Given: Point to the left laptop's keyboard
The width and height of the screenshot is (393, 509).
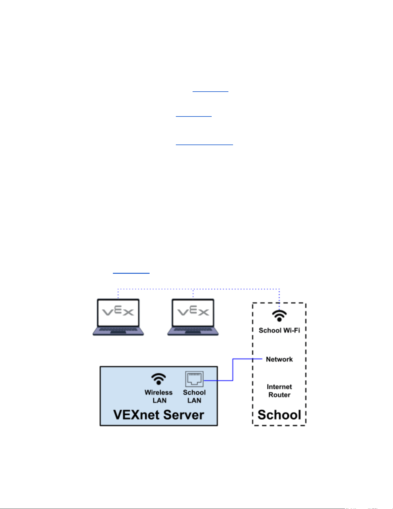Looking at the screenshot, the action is pos(118,330).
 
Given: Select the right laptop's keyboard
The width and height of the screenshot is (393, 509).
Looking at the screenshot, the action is pos(193,330).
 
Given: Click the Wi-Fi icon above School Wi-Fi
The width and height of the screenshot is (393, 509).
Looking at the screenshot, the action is pos(279,316).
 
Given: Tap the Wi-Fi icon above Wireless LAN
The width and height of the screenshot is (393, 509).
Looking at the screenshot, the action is pos(159,379).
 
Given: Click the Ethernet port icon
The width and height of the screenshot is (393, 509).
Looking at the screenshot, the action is pos(194,379).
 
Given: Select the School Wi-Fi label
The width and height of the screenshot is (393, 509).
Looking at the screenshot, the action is pos(279,330).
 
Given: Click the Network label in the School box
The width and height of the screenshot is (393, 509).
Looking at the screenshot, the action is pos(279,359).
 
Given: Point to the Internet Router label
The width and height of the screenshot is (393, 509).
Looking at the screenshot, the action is pos(279,391).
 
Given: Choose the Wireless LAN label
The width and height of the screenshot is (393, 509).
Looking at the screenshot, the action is pos(159,396).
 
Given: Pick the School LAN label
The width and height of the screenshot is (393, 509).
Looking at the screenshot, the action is pos(194,396).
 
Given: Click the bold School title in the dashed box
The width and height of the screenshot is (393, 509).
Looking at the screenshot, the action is pos(279,415).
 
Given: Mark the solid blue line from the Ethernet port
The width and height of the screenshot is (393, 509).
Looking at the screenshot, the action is pos(233,370).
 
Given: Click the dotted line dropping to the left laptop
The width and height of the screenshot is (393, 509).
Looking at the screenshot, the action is pos(118,294).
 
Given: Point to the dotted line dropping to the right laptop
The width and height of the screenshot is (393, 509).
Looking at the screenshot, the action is pos(193,294).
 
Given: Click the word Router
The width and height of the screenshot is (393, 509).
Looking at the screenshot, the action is pos(279,395).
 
